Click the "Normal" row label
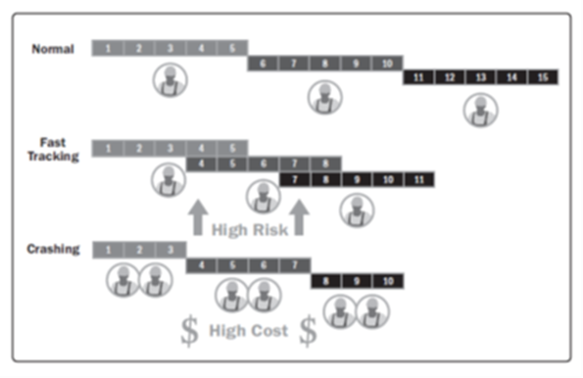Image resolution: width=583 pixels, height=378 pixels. tap(53, 49)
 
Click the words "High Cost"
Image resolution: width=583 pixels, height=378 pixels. tap(249, 331)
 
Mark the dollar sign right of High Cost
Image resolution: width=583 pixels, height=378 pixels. tap(309, 331)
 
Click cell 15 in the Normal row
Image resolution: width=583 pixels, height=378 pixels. tap(542, 76)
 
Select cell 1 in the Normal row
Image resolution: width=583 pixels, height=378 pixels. tap(108, 47)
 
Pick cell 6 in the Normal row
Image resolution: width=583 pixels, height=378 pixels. tap(264, 62)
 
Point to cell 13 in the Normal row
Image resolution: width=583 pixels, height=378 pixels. tap(480, 76)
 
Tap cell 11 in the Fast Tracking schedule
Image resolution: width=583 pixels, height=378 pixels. tap(418, 179)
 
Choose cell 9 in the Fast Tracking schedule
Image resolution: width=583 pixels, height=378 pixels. tap(358, 179)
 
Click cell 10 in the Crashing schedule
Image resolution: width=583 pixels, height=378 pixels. tap(387, 280)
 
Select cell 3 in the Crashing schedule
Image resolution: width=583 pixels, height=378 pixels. tap(170, 250)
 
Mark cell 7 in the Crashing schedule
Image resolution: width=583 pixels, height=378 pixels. tap(294, 264)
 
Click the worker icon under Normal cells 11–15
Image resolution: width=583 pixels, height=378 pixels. tap(479, 110)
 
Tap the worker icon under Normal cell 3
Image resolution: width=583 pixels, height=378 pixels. tap(170, 79)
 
